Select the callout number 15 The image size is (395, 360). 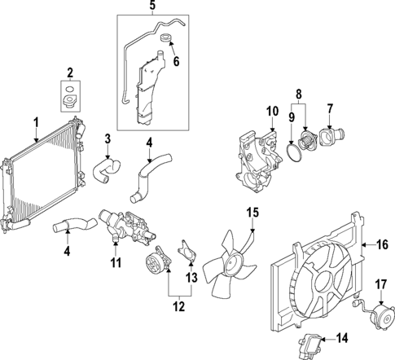[x=252, y=213]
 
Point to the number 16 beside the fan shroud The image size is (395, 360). [x=380, y=243]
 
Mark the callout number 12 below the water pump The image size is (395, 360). [x=179, y=307]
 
